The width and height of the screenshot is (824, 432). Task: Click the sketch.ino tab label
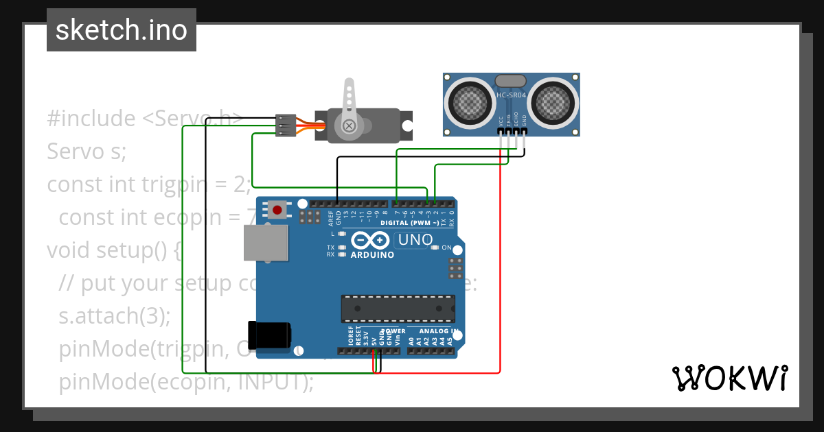[x=122, y=30]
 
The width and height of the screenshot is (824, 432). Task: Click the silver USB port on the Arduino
[x=266, y=243]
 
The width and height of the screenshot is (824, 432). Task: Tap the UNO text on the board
[x=415, y=240]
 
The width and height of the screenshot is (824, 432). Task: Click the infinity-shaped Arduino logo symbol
[x=371, y=241]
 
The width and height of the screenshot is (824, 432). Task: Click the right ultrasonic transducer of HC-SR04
[x=553, y=103]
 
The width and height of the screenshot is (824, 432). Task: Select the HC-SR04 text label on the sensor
[x=511, y=95]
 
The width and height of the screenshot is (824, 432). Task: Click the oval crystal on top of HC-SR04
[x=511, y=82]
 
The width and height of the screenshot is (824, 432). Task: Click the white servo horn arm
[x=350, y=99]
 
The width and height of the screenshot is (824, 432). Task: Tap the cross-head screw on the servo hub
[x=350, y=125]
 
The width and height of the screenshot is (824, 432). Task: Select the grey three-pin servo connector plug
[x=286, y=125]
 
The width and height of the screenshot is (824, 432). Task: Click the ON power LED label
[x=446, y=248]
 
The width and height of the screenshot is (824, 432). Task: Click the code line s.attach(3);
[x=115, y=316]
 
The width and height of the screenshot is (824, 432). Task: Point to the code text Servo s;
[x=87, y=151]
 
